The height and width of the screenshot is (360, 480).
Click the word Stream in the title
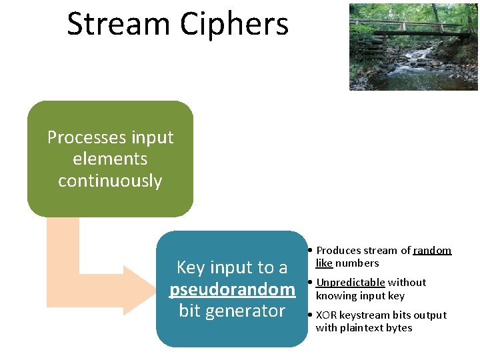[x=117, y=24]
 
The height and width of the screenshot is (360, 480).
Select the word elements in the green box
[x=110, y=159]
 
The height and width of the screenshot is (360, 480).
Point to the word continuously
[x=110, y=181]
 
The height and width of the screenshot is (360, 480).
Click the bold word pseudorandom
[x=232, y=289]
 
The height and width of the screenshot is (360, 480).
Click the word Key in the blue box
[x=190, y=268]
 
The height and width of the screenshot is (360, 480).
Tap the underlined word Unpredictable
[x=350, y=283]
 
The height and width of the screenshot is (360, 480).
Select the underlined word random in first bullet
[x=432, y=251]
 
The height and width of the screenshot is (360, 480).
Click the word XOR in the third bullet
[x=326, y=315]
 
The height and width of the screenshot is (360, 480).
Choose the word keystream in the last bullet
[x=364, y=315]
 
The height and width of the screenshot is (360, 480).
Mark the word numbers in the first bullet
[x=357, y=263]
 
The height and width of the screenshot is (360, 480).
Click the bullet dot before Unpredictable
[x=311, y=282]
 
